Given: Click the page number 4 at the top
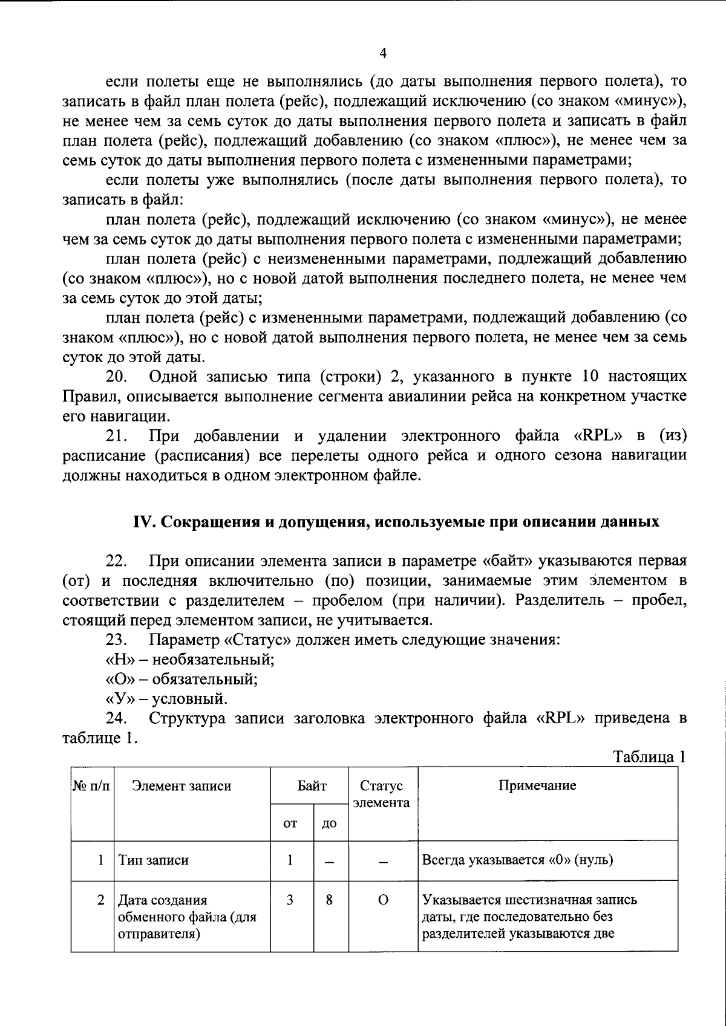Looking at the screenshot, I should click(382, 53).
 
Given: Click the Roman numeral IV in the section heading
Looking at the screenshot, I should click(145, 522).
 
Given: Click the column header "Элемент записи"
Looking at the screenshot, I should click(181, 786).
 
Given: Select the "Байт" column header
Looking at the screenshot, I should click(312, 786).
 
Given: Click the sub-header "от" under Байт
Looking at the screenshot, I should click(290, 823).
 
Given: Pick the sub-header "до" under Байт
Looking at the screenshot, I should click(329, 823).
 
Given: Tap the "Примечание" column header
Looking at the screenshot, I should click(537, 785).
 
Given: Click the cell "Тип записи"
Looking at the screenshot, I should click(153, 860).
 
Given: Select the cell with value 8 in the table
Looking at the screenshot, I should click(329, 900).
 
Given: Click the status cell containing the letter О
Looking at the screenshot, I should click(382, 900).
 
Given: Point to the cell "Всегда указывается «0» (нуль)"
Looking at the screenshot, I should click(517, 860).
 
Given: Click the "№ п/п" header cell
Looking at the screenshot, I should click(92, 786).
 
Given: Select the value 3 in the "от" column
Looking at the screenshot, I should click(290, 900).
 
